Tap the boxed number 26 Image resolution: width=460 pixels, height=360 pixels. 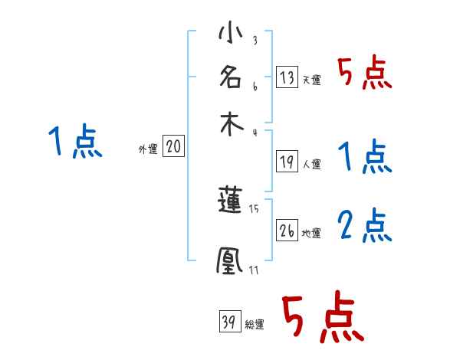pos(287,229)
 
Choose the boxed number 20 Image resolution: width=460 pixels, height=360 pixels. pos(173,146)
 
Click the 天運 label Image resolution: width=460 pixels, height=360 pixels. pos(311,79)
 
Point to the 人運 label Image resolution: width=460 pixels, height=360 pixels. pos(311,163)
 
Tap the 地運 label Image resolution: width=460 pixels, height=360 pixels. pos(311,232)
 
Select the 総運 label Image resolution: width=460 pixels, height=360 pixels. pos(255,325)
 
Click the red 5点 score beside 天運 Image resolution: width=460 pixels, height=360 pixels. pos(365,74)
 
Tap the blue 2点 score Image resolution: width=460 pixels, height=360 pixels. pos(365,226)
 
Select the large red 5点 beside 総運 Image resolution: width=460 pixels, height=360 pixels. pos(322,318)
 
